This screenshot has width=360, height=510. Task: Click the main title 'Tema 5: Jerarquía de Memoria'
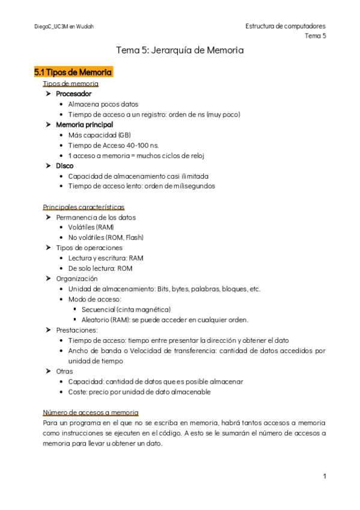(180, 51)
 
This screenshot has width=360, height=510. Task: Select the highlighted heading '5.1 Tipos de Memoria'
(73, 72)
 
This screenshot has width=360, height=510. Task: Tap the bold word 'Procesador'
(74, 94)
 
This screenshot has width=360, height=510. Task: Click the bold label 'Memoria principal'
(84, 124)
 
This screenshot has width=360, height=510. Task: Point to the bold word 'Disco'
(65, 165)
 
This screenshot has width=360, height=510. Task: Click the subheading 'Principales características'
(84, 206)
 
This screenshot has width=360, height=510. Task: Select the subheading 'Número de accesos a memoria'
(91, 412)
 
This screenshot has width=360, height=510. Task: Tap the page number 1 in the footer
(324, 476)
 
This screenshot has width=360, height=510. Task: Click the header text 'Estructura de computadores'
(285, 26)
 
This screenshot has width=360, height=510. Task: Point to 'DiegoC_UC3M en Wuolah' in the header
(64, 26)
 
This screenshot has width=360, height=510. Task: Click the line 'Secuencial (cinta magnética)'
(126, 309)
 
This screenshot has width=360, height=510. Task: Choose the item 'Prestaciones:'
(77, 330)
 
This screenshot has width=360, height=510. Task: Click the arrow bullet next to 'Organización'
(48, 278)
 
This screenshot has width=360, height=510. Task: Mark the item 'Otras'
(64, 371)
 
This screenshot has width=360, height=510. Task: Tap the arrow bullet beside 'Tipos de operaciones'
(48, 248)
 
